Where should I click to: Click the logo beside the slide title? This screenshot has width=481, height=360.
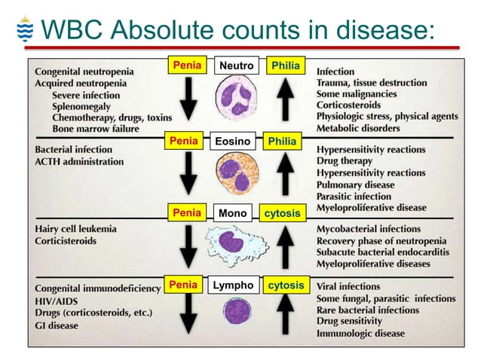pyautogui.click(x=24, y=31)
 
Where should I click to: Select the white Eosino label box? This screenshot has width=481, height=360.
pyautogui.click(x=233, y=142)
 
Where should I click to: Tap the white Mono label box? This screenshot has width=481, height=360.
pyautogui.click(x=232, y=214)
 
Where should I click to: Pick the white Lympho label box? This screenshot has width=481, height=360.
pyautogui.click(x=233, y=286)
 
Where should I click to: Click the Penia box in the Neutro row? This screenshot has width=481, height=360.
pyautogui.click(x=187, y=66)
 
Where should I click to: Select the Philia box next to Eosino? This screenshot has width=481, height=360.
pyautogui.click(x=283, y=142)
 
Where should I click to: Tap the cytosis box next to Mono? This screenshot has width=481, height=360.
pyautogui.click(x=283, y=214)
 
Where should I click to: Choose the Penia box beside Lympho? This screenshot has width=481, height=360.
pyautogui.click(x=183, y=286)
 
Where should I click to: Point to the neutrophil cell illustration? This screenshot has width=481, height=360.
pyautogui.click(x=237, y=98)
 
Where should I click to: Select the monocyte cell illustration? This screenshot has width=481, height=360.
pyautogui.click(x=234, y=243)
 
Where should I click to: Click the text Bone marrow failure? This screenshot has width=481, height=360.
pyautogui.click(x=97, y=129)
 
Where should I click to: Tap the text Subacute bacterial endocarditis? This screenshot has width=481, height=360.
pyautogui.click(x=384, y=252)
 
